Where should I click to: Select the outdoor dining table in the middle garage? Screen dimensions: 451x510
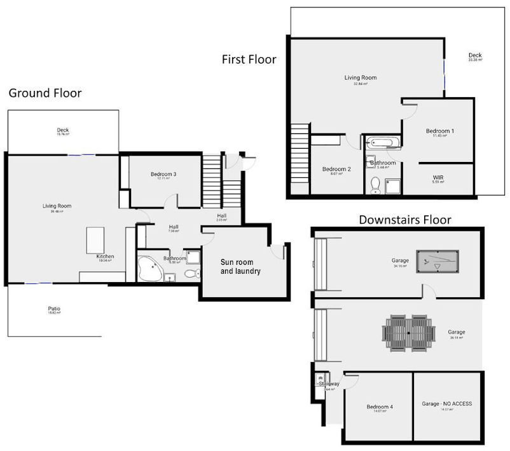coord(409,332)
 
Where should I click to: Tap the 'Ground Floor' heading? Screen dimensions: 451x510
coord(45,93)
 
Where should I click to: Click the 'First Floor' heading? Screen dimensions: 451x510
coord(249,60)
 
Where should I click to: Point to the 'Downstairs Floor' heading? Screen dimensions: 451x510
coord(404,220)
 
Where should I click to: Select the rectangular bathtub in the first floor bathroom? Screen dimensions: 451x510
coord(382,142)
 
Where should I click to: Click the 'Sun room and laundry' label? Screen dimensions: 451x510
coord(240,266)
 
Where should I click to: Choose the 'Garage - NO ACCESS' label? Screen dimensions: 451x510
coord(446,403)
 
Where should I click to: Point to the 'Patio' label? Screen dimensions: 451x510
coord(54,309)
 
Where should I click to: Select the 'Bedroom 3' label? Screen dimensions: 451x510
coord(163,175)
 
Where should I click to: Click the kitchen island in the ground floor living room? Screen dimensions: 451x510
coord(95,241)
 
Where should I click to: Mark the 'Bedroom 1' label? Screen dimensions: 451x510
coord(439,131)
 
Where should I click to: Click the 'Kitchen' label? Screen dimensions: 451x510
coord(105,257)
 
